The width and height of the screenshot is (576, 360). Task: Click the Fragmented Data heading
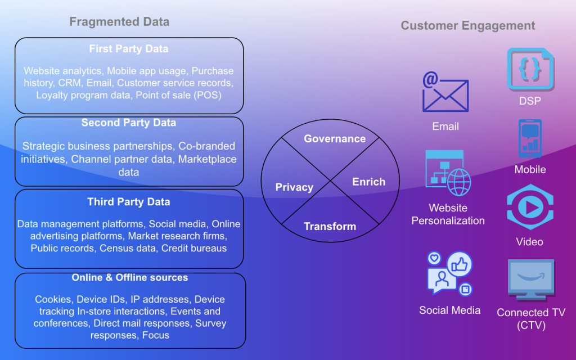[119, 22]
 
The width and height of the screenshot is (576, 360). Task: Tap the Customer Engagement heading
[467, 25]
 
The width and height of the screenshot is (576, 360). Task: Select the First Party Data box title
[128, 49]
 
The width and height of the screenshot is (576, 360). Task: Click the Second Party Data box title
[128, 123]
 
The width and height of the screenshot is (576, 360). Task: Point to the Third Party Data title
[128, 202]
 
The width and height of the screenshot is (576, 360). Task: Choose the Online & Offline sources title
[129, 278]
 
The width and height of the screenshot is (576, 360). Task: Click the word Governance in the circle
[335, 139]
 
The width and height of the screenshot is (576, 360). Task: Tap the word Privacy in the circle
[294, 187]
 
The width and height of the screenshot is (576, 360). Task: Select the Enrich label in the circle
[368, 182]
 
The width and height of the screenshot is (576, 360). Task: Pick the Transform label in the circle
[330, 227]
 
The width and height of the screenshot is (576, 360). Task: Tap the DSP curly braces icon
[530, 69]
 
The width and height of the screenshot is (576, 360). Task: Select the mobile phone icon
[529, 138]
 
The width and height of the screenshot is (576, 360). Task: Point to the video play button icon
[529, 207]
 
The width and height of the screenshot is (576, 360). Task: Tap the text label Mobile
[530, 169]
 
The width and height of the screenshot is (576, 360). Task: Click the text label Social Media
[449, 310]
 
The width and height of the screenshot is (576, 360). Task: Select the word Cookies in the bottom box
[53, 299]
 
